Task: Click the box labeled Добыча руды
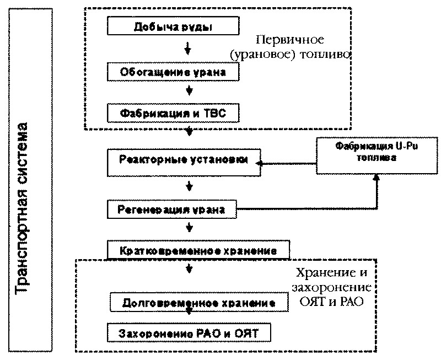(173, 27)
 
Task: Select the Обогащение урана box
(173, 72)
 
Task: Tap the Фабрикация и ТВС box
(173, 113)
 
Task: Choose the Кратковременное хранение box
(197, 250)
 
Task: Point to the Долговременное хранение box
(199, 303)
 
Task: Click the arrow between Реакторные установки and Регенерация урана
(189, 186)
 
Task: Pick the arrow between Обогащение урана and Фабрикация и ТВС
(189, 90)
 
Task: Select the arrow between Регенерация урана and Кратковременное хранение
(189, 227)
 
